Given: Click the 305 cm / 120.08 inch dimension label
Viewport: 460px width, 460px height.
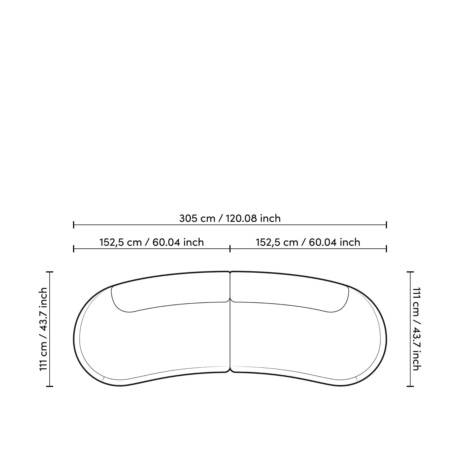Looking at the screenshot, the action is (x=230, y=218).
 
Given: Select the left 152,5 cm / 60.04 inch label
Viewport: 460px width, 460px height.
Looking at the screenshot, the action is (x=152, y=242).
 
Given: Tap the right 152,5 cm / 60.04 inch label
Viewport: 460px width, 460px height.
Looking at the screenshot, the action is (x=308, y=242).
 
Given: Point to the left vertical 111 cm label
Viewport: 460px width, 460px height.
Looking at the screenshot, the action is (x=44, y=329).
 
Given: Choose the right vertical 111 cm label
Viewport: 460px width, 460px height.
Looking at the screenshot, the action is (x=416, y=329).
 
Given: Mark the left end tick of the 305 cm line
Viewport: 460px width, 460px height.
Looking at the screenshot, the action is (x=74, y=225).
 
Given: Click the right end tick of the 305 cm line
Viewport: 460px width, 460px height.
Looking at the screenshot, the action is (x=386, y=225).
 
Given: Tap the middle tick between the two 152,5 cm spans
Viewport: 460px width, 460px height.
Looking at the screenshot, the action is (x=230, y=249).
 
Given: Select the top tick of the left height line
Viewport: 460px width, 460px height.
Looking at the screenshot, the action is (x=49, y=272).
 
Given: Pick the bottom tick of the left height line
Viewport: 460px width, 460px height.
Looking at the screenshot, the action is (x=49, y=386).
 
